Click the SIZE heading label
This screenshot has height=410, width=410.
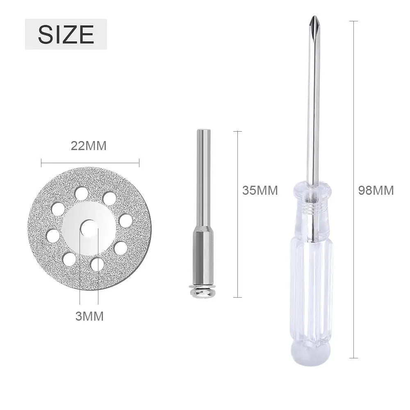(66, 34)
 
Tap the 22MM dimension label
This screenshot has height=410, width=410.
(89, 146)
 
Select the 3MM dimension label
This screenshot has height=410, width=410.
(89, 316)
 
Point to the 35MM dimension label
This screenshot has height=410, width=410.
(260, 190)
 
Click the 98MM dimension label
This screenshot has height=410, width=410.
(376, 190)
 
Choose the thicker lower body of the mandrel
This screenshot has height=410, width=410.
(202, 254)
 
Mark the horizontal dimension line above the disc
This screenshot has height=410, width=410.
(90, 163)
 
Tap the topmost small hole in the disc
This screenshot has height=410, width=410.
(82, 193)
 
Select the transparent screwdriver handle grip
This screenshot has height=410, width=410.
(312, 287)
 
